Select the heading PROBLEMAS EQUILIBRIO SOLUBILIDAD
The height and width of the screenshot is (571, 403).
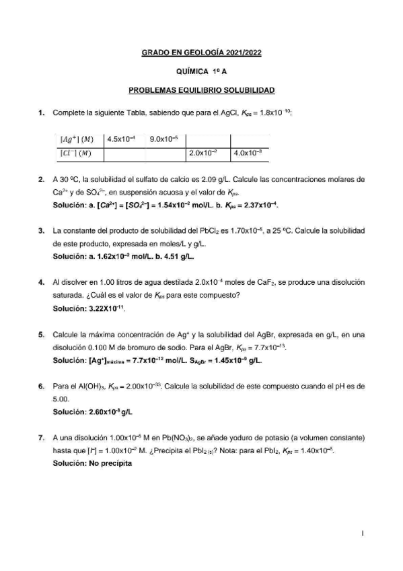tap(201, 90)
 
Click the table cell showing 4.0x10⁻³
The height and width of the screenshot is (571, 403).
tap(249, 154)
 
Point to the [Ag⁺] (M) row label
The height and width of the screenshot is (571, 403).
tap(77, 139)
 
